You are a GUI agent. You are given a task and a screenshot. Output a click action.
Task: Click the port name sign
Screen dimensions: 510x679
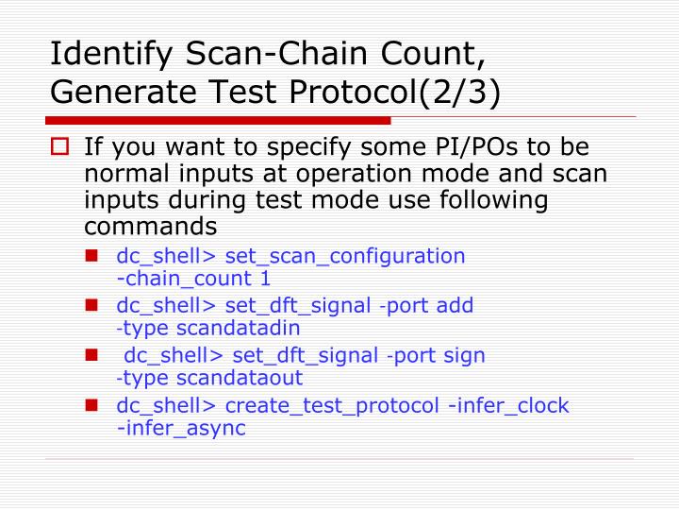point(463,356)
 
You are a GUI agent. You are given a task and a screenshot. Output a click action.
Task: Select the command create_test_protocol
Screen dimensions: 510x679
point(333,406)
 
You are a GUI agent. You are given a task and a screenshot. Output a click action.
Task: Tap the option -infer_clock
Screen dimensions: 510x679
point(508,406)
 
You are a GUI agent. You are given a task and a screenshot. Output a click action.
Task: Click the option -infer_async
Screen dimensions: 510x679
point(180,429)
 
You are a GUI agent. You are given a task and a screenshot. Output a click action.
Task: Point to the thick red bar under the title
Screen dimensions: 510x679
point(218,121)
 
